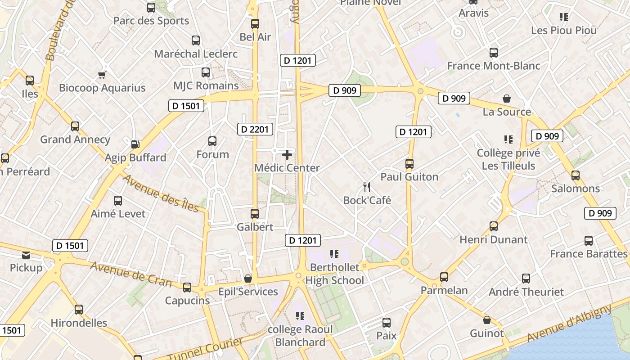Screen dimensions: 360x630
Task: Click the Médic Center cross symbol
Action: (x=287, y=155)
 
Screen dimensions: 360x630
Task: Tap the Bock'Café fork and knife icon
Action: (x=367, y=187)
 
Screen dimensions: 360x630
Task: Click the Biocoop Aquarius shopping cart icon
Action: (x=102, y=75)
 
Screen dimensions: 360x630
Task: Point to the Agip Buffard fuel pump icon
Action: (x=135, y=144)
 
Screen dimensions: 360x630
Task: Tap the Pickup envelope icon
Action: (x=26, y=255)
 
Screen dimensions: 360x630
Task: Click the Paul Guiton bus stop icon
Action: (x=409, y=164)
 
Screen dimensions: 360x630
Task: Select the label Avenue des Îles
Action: (x=160, y=193)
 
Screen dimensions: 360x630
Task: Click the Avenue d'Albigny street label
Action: (x=569, y=323)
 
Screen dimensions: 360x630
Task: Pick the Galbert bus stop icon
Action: (x=255, y=214)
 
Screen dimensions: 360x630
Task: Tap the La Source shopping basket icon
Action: (x=507, y=99)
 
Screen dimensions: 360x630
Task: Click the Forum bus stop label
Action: (x=212, y=154)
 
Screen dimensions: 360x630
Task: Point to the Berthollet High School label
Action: (x=335, y=274)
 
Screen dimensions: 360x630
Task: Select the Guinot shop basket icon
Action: (x=486, y=320)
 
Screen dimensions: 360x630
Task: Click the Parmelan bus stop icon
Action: (x=444, y=277)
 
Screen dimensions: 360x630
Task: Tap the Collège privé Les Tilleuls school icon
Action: (x=508, y=139)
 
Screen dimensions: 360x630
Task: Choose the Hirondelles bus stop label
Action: (x=79, y=323)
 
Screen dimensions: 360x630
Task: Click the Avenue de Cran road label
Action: (x=131, y=274)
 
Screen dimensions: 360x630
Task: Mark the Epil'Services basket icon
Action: (x=247, y=279)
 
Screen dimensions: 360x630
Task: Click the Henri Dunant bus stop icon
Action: (x=494, y=226)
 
